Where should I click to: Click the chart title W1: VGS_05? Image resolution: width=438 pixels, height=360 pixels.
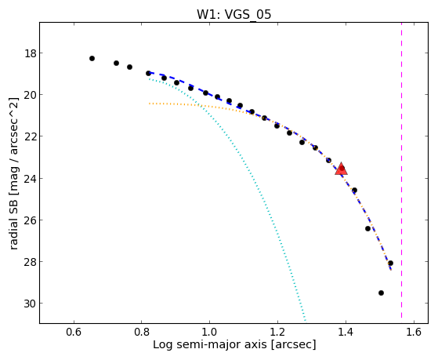(233, 15)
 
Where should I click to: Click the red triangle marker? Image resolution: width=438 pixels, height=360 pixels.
(342, 169)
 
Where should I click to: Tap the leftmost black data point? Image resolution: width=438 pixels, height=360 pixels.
(92, 59)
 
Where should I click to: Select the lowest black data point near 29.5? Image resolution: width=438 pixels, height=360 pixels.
(381, 293)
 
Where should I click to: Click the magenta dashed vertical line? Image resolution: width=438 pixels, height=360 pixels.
(402, 170)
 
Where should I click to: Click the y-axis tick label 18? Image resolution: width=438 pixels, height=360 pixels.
(30, 53)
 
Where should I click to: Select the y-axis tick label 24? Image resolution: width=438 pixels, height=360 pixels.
(30, 179)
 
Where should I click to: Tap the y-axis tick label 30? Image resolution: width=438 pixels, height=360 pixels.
(30, 304)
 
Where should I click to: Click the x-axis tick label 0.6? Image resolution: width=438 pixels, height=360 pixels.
(74, 332)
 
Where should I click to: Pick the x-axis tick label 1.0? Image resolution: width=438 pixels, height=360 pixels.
(209, 332)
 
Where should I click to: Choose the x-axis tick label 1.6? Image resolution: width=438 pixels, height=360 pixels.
(414, 332)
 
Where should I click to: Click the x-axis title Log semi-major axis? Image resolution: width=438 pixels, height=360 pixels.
(210, 344)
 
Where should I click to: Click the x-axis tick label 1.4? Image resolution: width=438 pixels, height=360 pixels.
(346, 332)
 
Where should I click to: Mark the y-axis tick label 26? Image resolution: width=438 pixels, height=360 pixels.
(30, 220)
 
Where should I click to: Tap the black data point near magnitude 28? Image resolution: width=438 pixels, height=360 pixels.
(390, 264)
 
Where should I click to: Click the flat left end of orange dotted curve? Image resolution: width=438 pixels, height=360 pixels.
(150, 104)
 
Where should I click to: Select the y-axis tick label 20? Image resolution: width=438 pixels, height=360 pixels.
(30, 95)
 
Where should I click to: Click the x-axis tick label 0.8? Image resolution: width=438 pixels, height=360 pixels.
(142, 332)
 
